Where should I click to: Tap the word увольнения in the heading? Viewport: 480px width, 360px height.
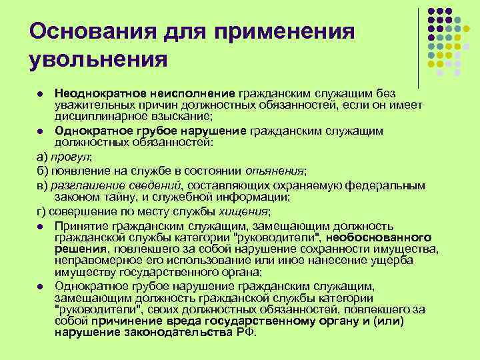pyautogui.click(x=97, y=59)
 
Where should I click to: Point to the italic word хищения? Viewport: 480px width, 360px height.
pyautogui.click(x=244, y=213)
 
